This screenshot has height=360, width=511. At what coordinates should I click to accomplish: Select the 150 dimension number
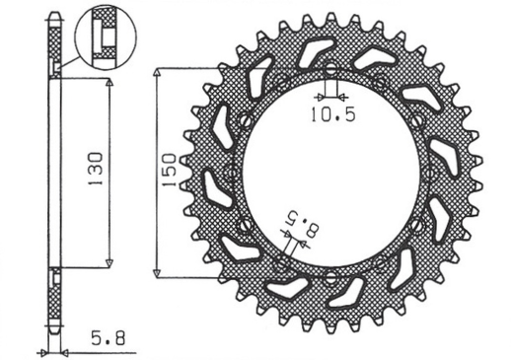(x=169, y=172)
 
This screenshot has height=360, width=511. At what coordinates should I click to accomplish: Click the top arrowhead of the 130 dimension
(x=109, y=83)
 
